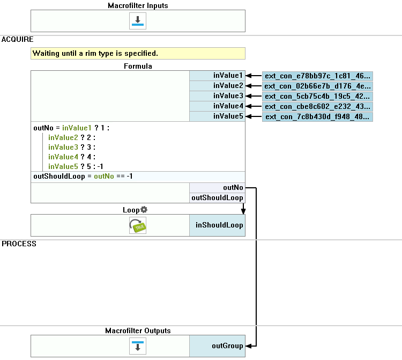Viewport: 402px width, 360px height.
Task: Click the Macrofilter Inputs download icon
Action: coord(138,21)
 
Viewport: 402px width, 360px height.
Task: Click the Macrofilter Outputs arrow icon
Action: coord(138,346)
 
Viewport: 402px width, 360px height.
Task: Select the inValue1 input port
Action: coord(217,76)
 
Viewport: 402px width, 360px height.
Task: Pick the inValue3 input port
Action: coord(217,95)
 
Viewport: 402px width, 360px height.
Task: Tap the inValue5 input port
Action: coord(217,116)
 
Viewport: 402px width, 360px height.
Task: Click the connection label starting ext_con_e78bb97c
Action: coord(317,76)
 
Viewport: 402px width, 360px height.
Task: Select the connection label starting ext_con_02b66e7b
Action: coord(317,86)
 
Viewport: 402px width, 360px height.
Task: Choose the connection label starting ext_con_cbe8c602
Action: coord(317,106)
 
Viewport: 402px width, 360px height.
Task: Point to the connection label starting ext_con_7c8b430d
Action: coord(317,117)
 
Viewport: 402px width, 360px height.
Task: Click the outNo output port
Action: coord(217,188)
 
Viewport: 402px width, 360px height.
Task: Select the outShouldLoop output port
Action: coord(217,198)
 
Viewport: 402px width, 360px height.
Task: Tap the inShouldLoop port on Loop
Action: coord(217,225)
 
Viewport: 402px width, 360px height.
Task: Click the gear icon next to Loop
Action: coord(144,209)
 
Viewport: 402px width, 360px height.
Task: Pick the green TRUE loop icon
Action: coord(138,225)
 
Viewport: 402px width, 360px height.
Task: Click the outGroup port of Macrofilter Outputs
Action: coord(217,346)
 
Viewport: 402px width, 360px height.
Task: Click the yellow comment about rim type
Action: coord(138,53)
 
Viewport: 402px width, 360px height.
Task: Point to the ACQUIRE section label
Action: coord(18,39)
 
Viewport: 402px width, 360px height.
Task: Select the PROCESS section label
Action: coord(19,244)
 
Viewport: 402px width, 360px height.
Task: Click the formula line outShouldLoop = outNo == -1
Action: coord(83,177)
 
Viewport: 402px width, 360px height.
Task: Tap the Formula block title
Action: coord(138,66)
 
